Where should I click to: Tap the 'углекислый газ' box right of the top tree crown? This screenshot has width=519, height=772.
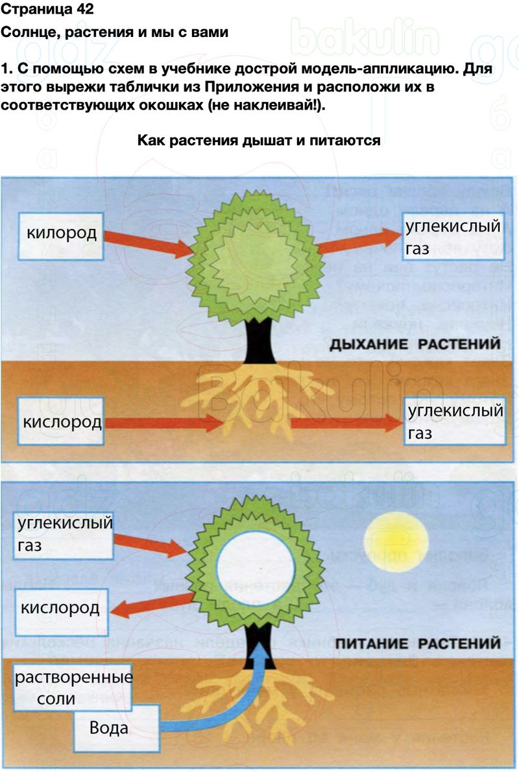coord(452,237)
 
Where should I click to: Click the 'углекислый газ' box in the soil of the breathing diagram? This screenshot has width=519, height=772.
coord(455,422)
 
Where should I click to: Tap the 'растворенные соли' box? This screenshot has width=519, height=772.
coord(73,688)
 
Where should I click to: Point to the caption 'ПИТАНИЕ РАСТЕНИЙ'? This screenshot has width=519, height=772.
coord(418,644)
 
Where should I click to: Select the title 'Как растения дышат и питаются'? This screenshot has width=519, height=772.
coord(258,140)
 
